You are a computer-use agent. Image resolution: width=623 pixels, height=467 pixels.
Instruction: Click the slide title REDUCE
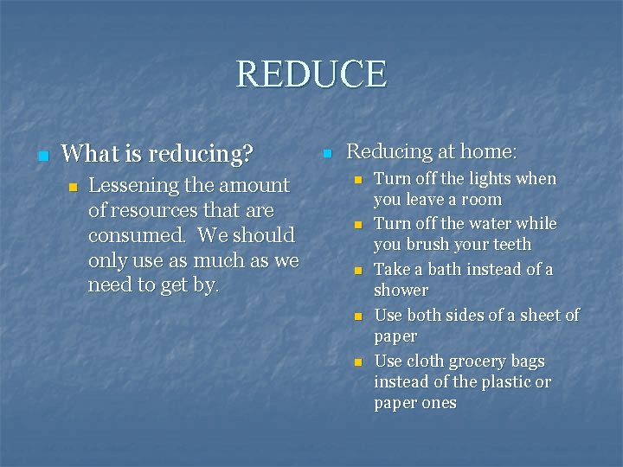pos(311,74)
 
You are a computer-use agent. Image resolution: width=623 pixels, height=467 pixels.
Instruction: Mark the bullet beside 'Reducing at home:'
pos(326,154)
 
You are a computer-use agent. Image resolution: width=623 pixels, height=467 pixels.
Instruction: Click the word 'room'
pos(482,199)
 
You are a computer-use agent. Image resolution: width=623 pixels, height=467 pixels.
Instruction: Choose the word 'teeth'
pos(511,245)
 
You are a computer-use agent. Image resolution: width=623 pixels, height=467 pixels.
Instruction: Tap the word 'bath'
pos(445,269)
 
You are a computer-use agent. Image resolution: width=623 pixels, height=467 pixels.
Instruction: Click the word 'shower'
pos(401,291)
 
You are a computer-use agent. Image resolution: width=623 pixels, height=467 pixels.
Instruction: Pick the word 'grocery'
pos(469,361)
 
